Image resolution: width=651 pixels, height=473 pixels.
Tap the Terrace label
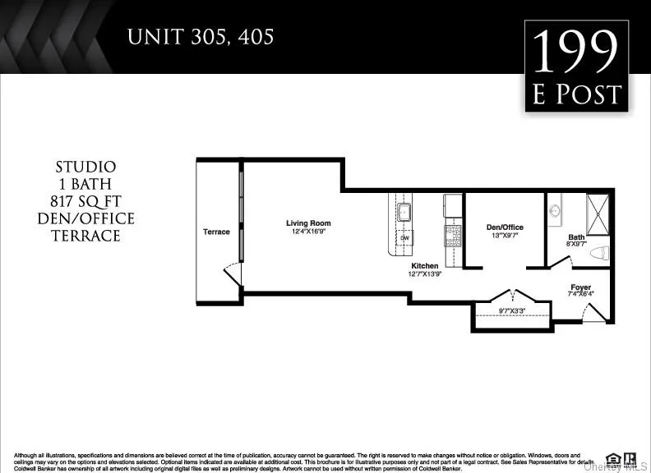pos(216,232)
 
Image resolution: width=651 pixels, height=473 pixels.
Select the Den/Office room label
pos(504,227)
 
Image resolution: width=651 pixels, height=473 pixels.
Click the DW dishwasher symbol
pos(404,238)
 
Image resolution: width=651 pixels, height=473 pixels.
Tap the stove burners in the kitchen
pos(453,236)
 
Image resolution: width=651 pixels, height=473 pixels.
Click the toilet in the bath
pos(598,253)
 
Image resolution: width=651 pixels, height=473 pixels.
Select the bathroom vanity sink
pos(554,209)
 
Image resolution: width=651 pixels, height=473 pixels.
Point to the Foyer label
pos(580,287)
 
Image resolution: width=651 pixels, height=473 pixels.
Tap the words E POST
pos(576,94)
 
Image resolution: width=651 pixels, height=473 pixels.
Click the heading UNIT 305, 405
pos(201,37)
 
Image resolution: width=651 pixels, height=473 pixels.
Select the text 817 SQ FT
pos(86,201)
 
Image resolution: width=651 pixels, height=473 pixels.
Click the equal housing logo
pos(612,458)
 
